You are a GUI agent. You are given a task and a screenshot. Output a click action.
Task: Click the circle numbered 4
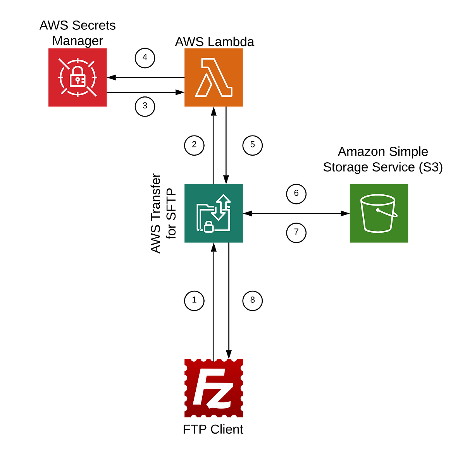pos(145,58)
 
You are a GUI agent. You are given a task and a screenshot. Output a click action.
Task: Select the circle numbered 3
pos(145,106)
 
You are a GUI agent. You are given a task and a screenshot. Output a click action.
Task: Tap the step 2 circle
pos(194,145)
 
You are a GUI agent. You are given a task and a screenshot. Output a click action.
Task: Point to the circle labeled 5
pos(253,145)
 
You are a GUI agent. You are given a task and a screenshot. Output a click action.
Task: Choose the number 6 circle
pos(296,194)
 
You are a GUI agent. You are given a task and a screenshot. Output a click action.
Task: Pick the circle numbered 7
pos(296,232)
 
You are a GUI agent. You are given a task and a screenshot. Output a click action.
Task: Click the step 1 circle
pos(194,300)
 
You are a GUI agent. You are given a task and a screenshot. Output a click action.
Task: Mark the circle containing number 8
pos(253,300)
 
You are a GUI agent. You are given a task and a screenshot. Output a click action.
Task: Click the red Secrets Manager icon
pos(78,77)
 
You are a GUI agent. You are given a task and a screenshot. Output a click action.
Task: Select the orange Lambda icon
pos(214,77)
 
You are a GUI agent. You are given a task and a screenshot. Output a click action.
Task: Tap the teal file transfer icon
pos(214,214)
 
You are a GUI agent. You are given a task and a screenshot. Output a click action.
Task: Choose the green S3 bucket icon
pos(379,214)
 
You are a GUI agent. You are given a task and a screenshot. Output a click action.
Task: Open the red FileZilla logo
pos(214,388)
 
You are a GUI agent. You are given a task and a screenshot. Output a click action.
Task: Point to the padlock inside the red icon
pos(78,77)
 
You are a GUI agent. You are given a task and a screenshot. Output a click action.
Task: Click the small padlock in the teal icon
pos(209,227)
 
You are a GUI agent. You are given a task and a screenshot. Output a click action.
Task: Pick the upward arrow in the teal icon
pos(224,201)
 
